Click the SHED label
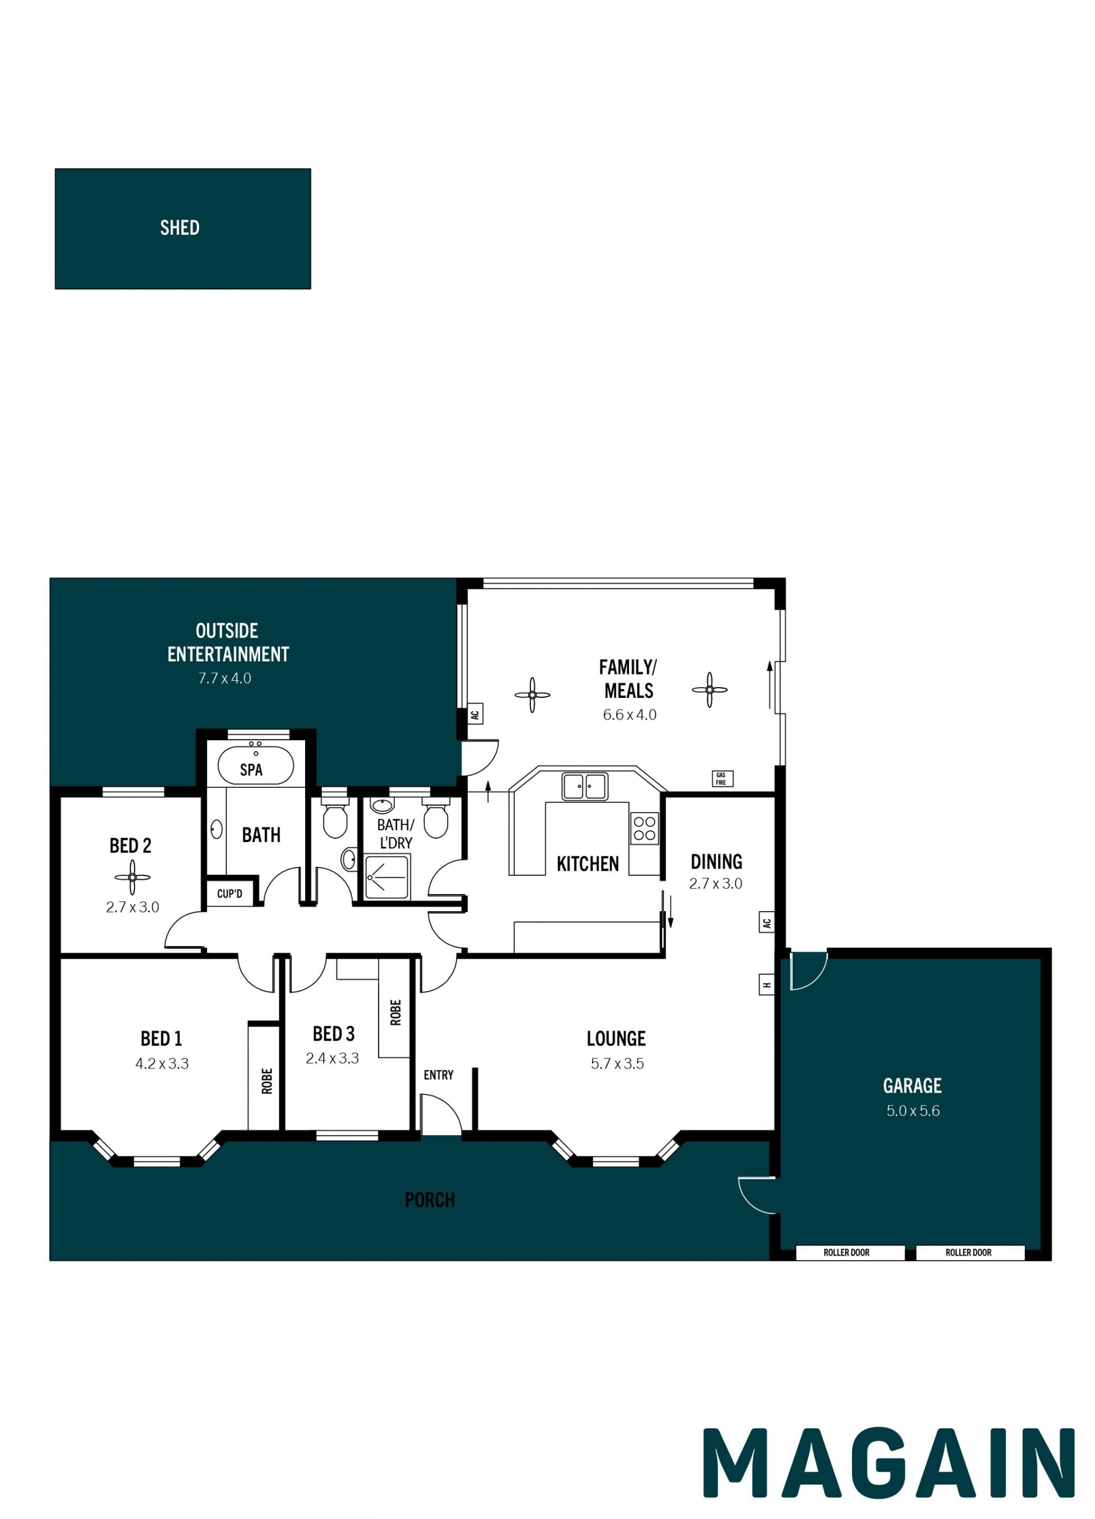180,228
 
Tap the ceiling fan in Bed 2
132,877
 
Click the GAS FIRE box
722,778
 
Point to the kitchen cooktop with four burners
644,828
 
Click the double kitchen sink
585,786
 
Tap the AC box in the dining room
767,922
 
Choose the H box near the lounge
767,985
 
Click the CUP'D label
230,893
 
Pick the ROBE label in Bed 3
395,1012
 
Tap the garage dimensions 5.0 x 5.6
913,1110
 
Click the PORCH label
430,1200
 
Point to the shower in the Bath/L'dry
387,877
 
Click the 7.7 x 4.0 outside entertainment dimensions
224,678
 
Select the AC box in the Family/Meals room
475,714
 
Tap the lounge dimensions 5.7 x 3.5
617,1063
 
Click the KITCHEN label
587,864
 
